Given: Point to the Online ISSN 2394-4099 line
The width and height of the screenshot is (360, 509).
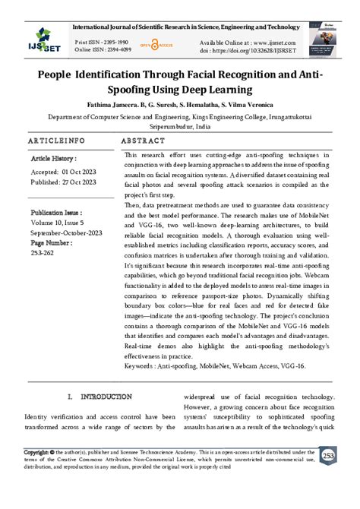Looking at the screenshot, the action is [104, 50].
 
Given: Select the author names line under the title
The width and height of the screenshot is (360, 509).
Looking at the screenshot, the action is [179, 105].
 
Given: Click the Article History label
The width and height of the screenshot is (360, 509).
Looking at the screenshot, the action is [54, 159].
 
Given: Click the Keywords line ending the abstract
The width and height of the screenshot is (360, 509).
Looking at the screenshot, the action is [215, 366].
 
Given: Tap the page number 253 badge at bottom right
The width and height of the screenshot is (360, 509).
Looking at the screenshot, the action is [328, 456].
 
